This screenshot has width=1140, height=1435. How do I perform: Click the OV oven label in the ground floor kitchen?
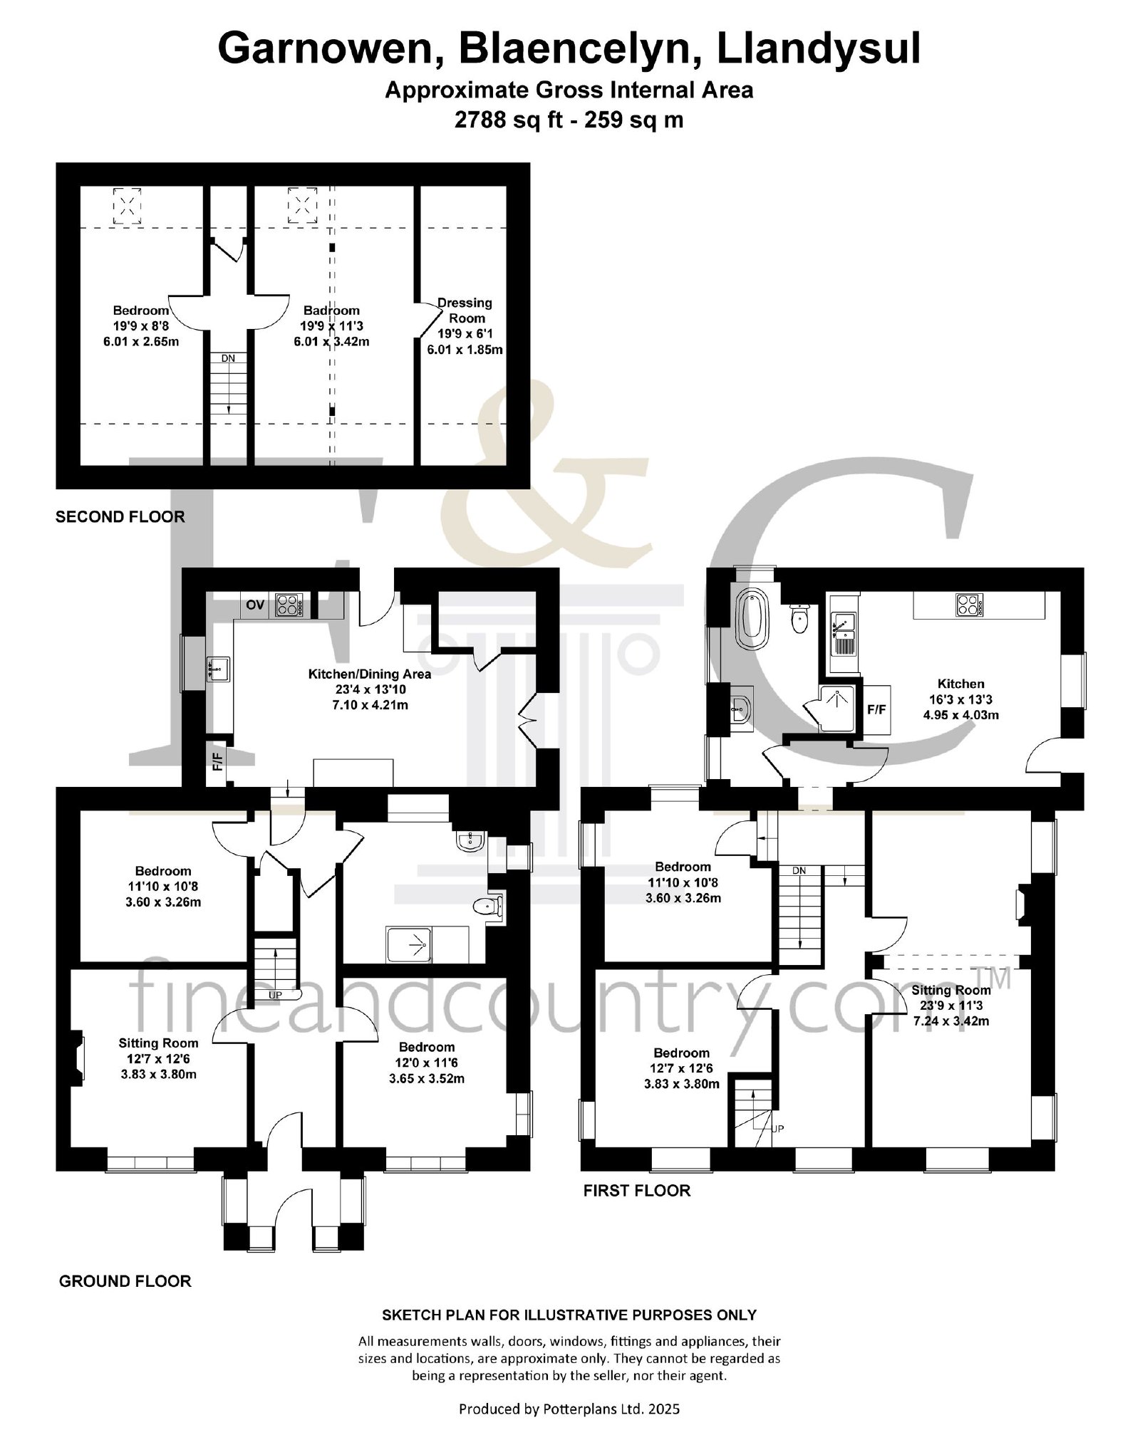click(x=255, y=605)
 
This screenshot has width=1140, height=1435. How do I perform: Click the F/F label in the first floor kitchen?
click(x=876, y=710)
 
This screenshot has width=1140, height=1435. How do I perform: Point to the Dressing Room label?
click(x=465, y=311)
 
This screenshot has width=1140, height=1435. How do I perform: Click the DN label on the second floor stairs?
click(x=228, y=358)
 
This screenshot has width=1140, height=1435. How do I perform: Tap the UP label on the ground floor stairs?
click(x=275, y=995)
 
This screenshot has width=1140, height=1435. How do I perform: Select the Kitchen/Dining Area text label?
click(x=369, y=674)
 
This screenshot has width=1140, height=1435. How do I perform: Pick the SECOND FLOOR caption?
click(x=120, y=517)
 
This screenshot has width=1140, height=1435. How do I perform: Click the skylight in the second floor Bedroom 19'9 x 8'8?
click(x=127, y=207)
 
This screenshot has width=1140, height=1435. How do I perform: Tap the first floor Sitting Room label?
click(x=951, y=990)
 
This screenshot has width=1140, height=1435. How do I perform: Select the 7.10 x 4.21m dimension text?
click(x=369, y=705)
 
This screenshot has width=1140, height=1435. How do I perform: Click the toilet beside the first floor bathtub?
click(x=800, y=618)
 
